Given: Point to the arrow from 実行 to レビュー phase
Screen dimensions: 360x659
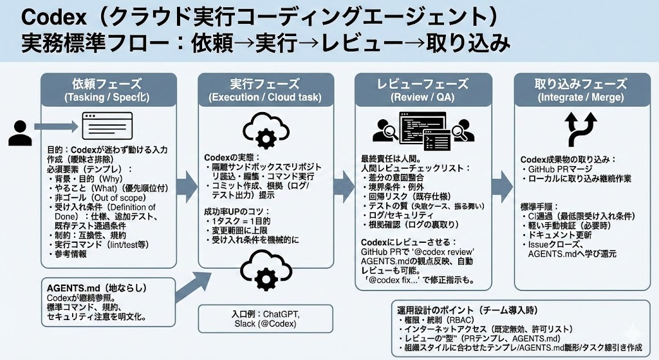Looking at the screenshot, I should [x=345, y=187].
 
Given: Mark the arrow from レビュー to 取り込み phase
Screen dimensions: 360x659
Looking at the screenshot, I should [x=503, y=187].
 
